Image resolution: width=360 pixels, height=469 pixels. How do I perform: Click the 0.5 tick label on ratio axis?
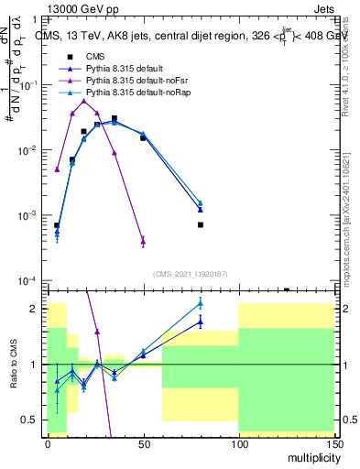[x=31, y=420]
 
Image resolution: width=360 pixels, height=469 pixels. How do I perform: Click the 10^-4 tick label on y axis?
[x=27, y=280]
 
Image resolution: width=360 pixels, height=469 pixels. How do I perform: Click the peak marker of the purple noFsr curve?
[x=84, y=101]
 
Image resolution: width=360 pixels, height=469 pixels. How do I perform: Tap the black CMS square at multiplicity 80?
[x=200, y=224]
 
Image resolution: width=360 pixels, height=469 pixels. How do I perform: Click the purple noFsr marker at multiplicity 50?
[x=143, y=241]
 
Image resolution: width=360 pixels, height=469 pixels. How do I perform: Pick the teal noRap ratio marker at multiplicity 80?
[x=200, y=303]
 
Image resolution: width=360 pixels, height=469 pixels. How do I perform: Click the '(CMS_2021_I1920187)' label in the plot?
[x=190, y=273]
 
